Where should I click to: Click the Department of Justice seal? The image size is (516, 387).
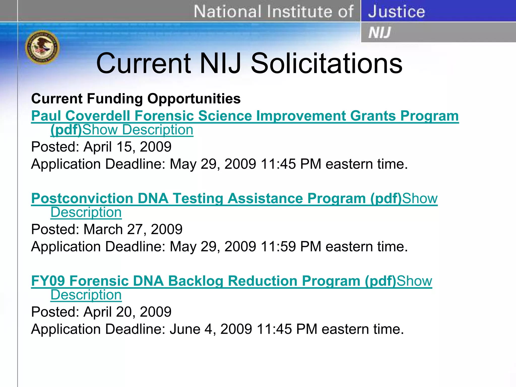click(42, 47)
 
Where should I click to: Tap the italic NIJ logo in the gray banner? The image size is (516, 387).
click(379, 33)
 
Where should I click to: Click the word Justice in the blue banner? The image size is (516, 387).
click(396, 11)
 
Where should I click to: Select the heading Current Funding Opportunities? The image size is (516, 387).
click(136, 98)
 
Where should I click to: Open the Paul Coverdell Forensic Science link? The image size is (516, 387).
click(245, 116)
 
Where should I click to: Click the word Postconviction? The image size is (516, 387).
click(82, 198)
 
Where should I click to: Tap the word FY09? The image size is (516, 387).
click(48, 281)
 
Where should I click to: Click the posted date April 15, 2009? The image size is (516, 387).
click(127, 147)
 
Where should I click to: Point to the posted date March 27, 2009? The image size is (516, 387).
click(133, 229)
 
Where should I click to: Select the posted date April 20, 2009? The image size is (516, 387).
click(127, 312)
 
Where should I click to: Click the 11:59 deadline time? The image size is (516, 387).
click(278, 246)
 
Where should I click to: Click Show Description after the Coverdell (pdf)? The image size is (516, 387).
click(138, 130)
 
